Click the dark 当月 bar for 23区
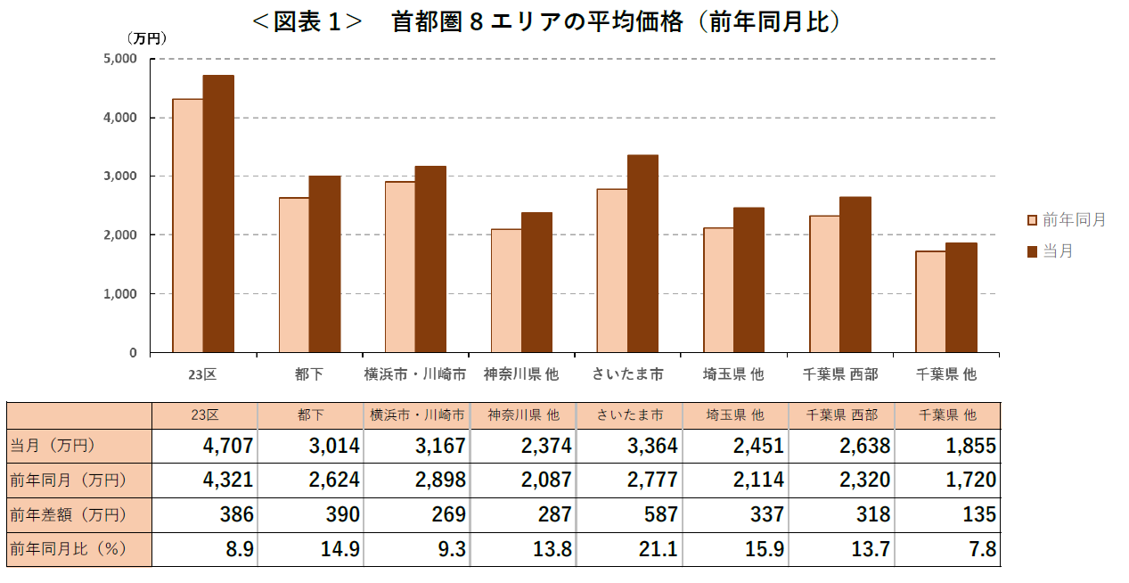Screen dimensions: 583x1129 click(x=218, y=214)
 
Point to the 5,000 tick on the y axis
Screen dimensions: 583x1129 click(x=120, y=59)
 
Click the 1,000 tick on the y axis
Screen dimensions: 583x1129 click(x=120, y=293)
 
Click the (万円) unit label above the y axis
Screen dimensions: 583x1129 click(x=146, y=38)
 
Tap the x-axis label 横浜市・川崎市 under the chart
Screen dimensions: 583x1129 click(x=415, y=374)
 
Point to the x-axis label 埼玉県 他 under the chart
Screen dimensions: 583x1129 click(x=733, y=374)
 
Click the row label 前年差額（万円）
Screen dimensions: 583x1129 click(x=68, y=514)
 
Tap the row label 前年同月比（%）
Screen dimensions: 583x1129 click(x=68, y=549)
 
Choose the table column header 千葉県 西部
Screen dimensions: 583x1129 click(x=841, y=415)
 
